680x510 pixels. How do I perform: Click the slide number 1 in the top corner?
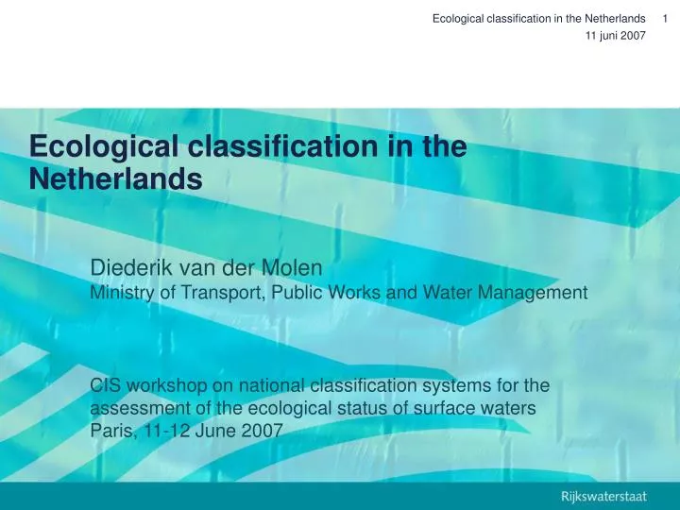(666, 18)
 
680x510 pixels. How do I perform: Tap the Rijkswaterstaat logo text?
(603, 495)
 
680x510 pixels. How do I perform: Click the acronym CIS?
(106, 385)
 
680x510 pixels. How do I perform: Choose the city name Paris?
(111, 431)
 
